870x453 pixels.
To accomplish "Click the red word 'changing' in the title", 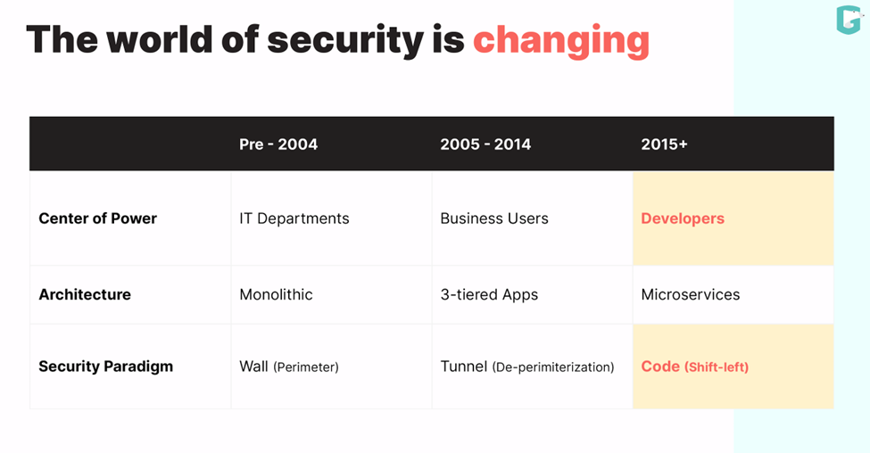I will pyautogui.click(x=560, y=41).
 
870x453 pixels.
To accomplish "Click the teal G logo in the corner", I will pyautogui.click(x=848, y=21).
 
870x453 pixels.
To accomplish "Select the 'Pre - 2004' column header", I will pyautogui.click(x=278, y=144).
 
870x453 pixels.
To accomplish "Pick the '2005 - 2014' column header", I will pyautogui.click(x=485, y=144).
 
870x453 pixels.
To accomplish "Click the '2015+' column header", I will pyautogui.click(x=664, y=144).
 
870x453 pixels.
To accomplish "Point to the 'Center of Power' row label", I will pyautogui.click(x=97, y=218).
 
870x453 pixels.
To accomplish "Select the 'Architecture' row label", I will pyautogui.click(x=85, y=294).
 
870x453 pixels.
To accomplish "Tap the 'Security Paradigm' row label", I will pyautogui.click(x=105, y=367).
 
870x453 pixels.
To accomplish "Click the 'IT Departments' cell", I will pyautogui.click(x=294, y=218).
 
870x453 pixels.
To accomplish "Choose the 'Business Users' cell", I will pyautogui.click(x=494, y=218).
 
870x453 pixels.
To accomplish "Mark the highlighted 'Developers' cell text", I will pyautogui.click(x=683, y=218).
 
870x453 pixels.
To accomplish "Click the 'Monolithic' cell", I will pyautogui.click(x=276, y=294).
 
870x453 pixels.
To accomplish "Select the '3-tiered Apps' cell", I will pyautogui.click(x=489, y=294).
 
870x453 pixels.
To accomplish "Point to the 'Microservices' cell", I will pyautogui.click(x=690, y=294).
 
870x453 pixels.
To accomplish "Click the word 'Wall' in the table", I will pyautogui.click(x=253, y=367).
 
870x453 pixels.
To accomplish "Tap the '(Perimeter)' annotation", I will pyautogui.click(x=306, y=367).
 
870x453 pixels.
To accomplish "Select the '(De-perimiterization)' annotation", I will pyautogui.click(x=553, y=367).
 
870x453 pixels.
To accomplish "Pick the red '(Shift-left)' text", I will pyautogui.click(x=717, y=367).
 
